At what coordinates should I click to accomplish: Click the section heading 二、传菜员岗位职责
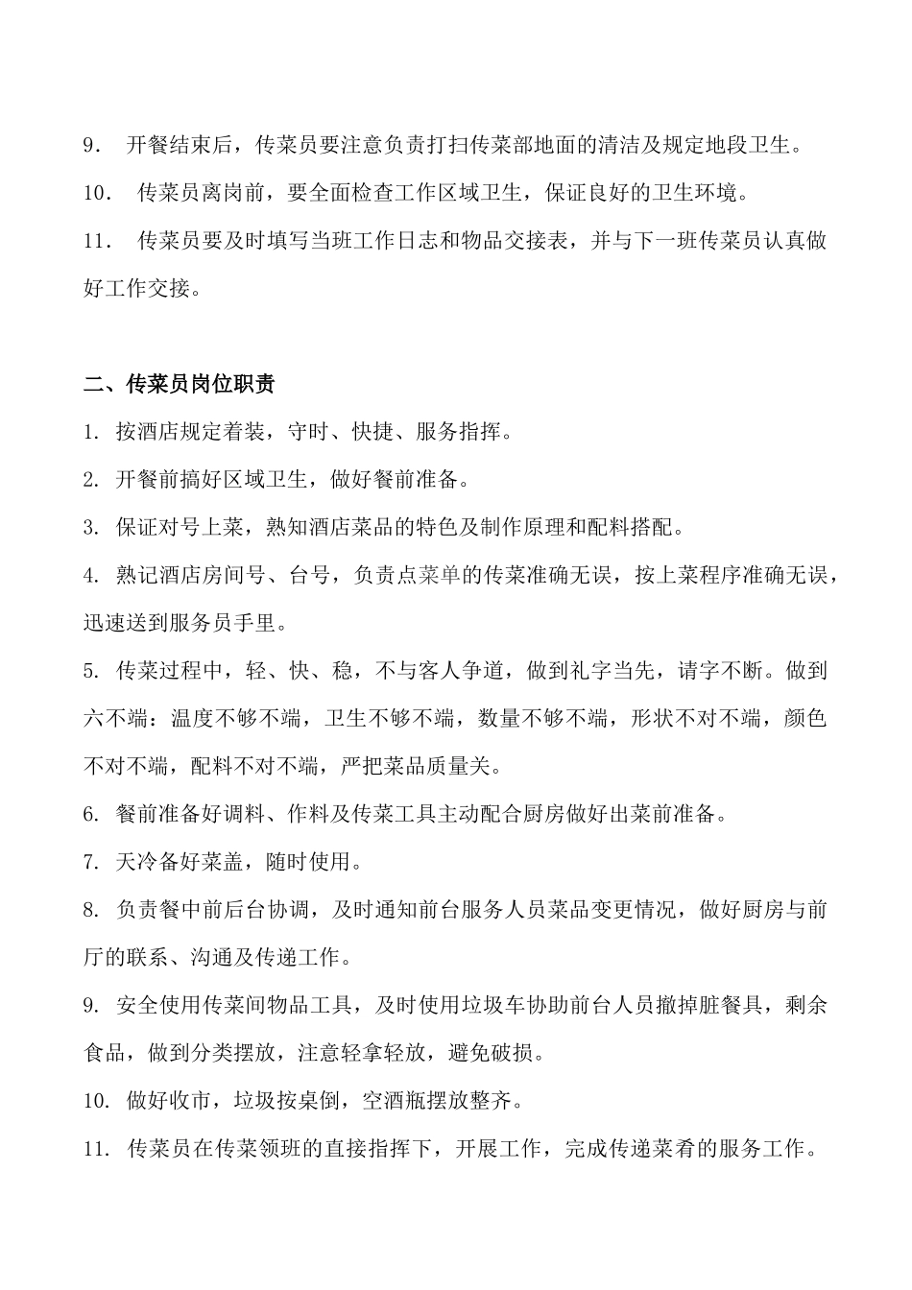(x=180, y=384)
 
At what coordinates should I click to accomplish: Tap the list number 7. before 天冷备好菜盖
(x=91, y=862)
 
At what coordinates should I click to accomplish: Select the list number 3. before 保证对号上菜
(x=91, y=527)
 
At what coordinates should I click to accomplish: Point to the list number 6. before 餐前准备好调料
(x=91, y=814)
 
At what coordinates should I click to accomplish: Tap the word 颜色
(x=804, y=718)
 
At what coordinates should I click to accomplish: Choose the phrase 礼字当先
(x=611, y=671)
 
